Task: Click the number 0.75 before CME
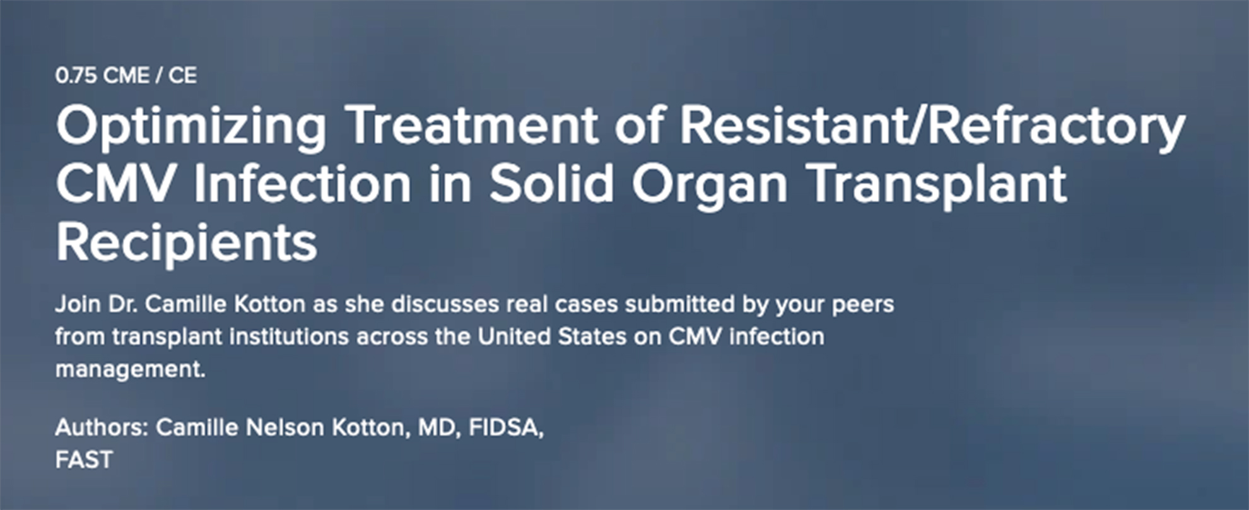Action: [76, 76]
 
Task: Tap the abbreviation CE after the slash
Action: [182, 76]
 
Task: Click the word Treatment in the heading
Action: [472, 126]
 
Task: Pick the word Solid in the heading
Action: [551, 184]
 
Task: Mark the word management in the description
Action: [131, 370]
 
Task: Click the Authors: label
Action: [102, 427]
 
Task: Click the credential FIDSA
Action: [506, 429]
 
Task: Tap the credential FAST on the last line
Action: [84, 460]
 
